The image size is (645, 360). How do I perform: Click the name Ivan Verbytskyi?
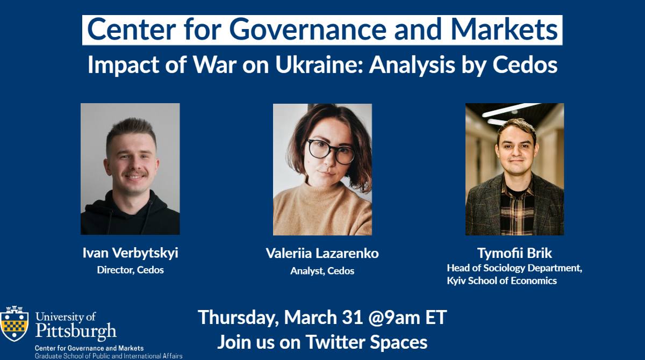(x=130, y=253)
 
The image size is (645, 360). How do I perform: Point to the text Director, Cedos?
(x=130, y=270)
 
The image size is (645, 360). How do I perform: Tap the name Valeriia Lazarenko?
(x=322, y=254)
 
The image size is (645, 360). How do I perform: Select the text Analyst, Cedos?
(x=322, y=271)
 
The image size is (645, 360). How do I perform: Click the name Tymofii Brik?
(x=514, y=253)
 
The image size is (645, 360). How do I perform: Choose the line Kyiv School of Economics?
(x=501, y=280)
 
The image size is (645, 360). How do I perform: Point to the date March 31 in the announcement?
(x=324, y=317)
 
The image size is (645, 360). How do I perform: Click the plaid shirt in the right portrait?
(x=517, y=213)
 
